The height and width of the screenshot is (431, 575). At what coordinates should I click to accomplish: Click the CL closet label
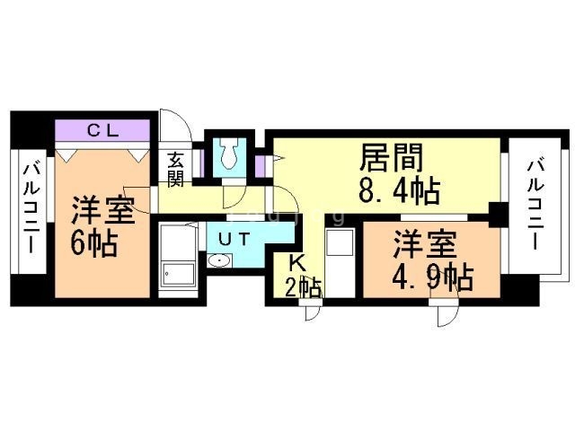click(103, 129)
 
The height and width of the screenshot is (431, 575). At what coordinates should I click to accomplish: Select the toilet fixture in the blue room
click(230, 154)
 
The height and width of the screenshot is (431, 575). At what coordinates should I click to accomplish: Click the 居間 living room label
click(392, 158)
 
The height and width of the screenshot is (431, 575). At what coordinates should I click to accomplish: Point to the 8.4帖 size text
click(399, 191)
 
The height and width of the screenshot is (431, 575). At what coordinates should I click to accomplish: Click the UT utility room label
click(234, 239)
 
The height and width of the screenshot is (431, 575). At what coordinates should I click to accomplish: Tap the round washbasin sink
click(219, 260)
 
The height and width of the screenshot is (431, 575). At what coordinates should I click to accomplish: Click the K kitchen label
click(298, 262)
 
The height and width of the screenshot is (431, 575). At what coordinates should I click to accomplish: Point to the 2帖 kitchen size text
click(304, 287)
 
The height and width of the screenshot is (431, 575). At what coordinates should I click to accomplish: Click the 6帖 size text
click(93, 242)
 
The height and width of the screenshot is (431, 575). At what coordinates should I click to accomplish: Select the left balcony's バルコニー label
click(31, 209)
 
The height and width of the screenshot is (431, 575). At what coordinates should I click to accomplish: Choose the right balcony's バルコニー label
click(535, 206)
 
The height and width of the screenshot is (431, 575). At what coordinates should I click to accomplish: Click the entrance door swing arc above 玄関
click(176, 125)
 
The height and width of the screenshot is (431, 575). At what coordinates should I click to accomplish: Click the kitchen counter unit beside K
click(340, 262)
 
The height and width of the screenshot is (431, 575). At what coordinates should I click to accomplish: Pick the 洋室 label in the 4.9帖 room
click(425, 244)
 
